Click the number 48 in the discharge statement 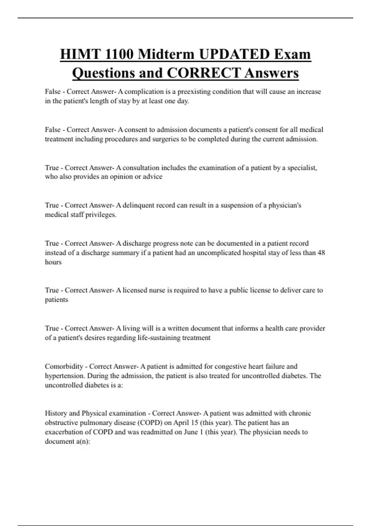pos(321,252)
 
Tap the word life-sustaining pos(159,338)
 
